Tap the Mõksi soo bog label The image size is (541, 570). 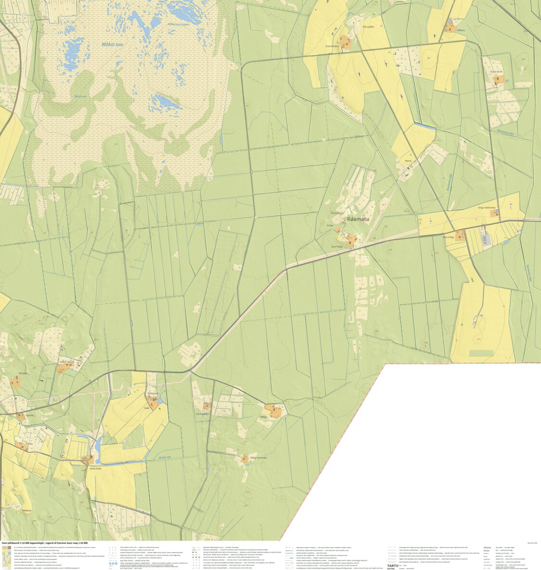click(111, 44)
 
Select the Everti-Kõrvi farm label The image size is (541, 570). click(333, 46)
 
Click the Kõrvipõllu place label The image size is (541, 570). click(369, 27)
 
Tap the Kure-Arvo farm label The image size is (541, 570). click(496, 72)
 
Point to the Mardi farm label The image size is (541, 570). click(408, 161)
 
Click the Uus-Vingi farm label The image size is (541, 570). click(337, 246)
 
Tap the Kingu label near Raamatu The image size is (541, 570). click(330, 225)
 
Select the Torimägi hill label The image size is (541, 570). click(338, 213)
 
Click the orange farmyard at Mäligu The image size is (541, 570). click(275, 412)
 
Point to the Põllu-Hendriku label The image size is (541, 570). click(258, 457)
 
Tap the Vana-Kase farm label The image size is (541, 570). click(95, 468)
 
